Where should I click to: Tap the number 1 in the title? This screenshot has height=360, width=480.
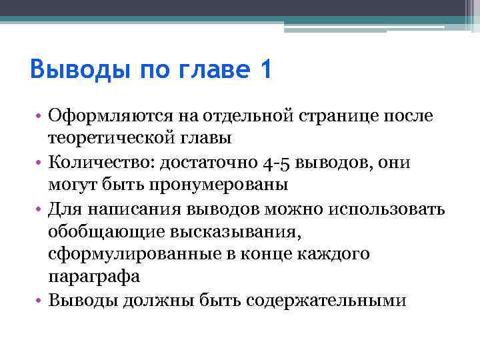(264, 69)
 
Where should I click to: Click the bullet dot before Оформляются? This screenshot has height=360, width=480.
(41, 117)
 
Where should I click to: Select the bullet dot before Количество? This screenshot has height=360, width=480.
(41, 163)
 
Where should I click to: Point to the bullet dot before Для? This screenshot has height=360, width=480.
(41, 209)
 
